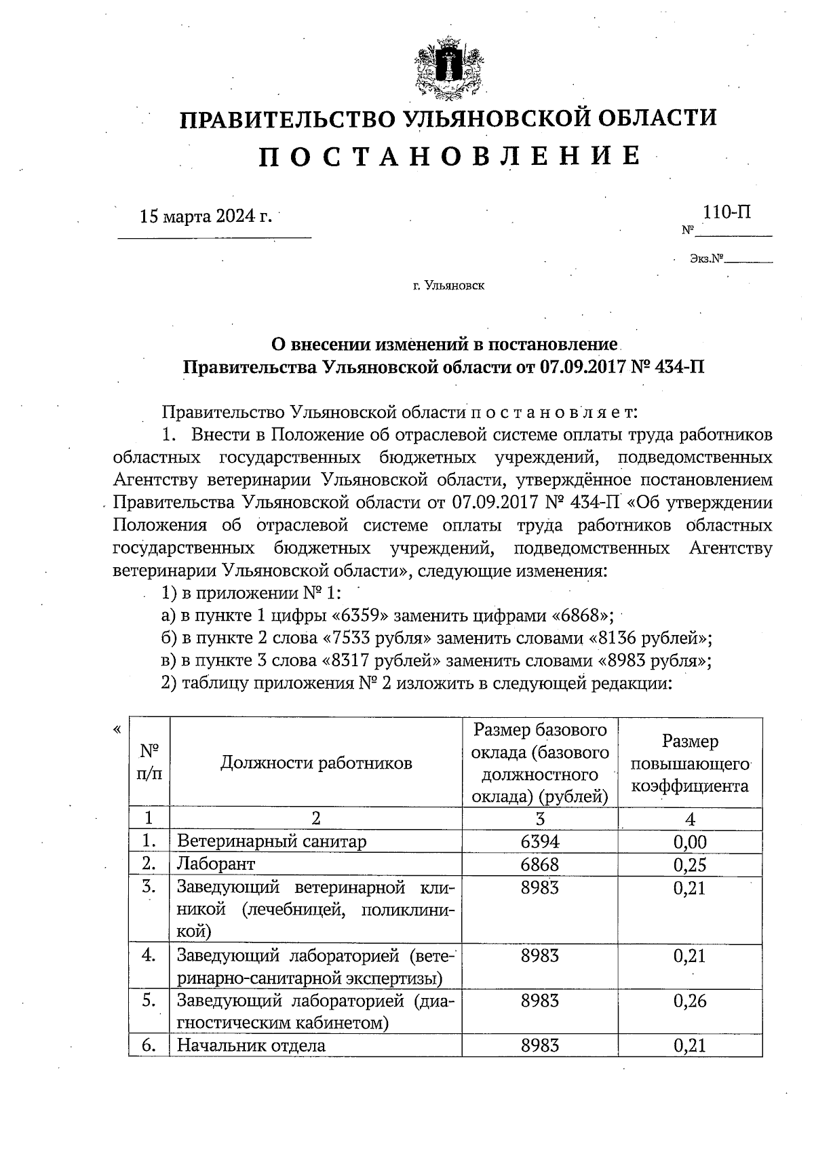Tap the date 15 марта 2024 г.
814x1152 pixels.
(206, 216)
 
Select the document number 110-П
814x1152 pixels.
(726, 212)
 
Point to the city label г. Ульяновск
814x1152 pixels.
(448, 286)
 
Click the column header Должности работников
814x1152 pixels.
(316, 763)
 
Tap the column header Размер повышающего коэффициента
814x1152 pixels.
(690, 763)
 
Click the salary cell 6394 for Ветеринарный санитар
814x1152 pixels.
(540, 842)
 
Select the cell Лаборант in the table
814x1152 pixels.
(216, 864)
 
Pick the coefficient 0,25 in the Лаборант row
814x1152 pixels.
(690, 864)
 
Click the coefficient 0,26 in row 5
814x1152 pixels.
(690, 1001)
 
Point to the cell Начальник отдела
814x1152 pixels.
(251, 1045)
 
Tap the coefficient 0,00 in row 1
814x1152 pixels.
(690, 842)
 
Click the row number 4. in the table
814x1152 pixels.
(149, 955)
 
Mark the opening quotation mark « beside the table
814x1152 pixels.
(118, 730)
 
